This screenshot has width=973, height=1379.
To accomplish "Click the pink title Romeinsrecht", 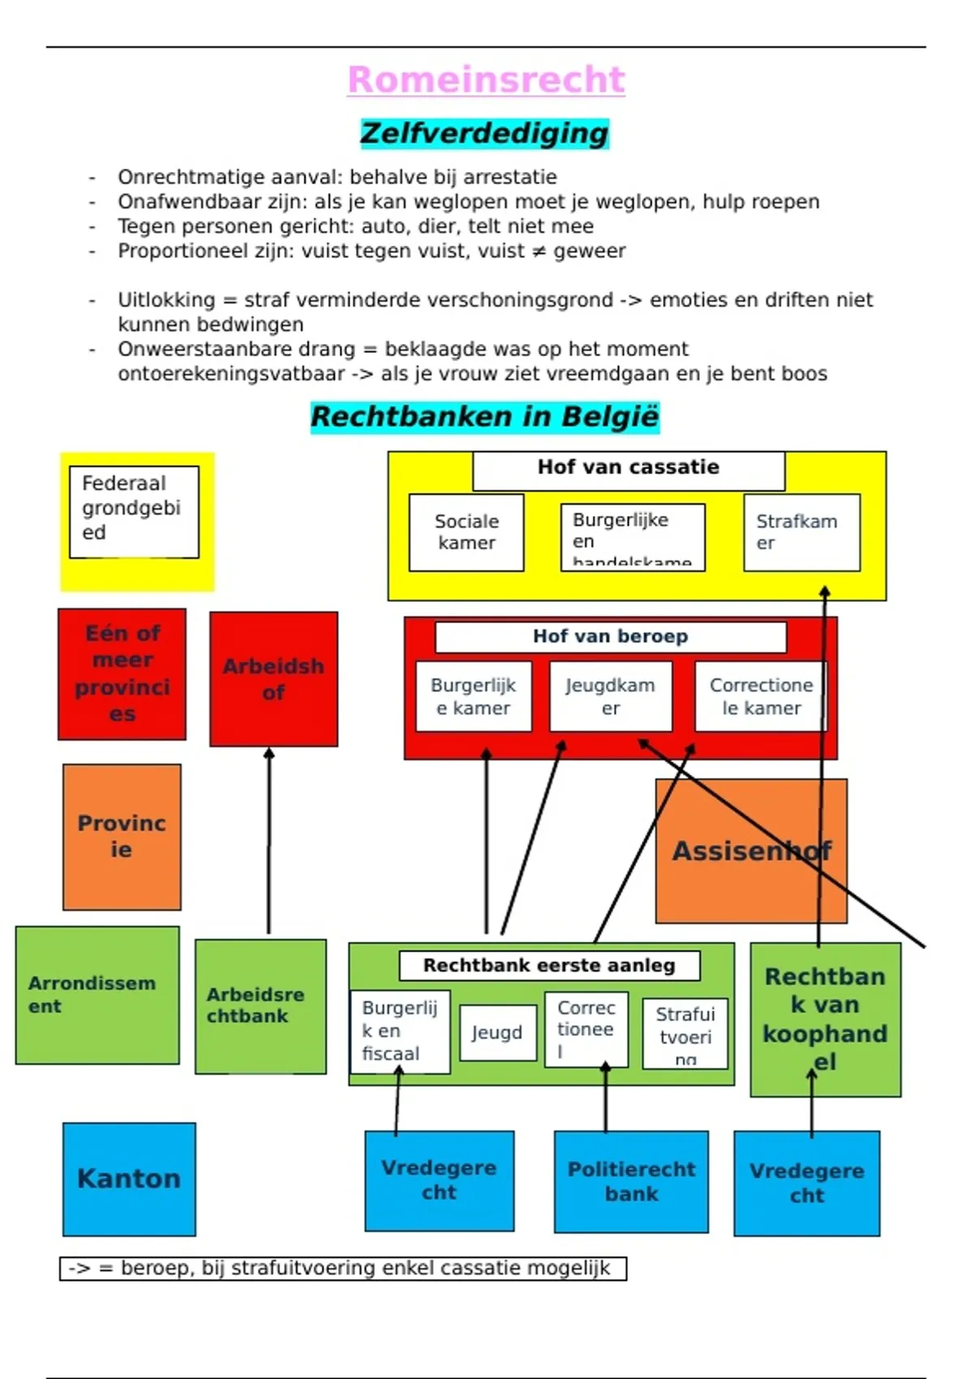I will [x=486, y=79].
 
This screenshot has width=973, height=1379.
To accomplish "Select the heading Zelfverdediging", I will [x=484, y=133].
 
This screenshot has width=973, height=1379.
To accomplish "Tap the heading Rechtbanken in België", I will [x=485, y=417].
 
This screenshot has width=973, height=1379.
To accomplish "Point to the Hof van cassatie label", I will [x=628, y=468].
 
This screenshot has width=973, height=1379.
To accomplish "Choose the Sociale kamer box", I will [x=466, y=532].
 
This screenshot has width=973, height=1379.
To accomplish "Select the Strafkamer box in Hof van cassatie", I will [x=801, y=532].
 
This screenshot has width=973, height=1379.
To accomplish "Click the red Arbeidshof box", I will [x=273, y=679].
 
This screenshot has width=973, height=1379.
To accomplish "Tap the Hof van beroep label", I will [x=610, y=637].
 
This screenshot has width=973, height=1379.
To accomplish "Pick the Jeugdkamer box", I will [x=610, y=696].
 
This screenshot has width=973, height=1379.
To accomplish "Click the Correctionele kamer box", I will [x=761, y=696].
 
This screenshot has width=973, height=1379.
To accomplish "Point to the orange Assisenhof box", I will [x=751, y=851].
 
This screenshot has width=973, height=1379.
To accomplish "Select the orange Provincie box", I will [x=122, y=836].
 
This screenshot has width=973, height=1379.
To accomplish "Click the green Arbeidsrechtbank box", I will [x=260, y=1006].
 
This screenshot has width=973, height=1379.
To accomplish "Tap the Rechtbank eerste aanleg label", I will [x=549, y=965].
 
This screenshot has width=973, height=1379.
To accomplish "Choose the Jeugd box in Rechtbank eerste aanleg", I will [x=497, y=1033].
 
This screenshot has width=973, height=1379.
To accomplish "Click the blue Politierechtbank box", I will [x=631, y=1181].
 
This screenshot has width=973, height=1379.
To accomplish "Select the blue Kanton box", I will [x=129, y=1179].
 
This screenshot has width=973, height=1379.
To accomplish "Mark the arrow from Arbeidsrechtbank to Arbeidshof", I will [x=268, y=844].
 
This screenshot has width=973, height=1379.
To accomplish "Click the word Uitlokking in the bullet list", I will [x=166, y=300].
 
